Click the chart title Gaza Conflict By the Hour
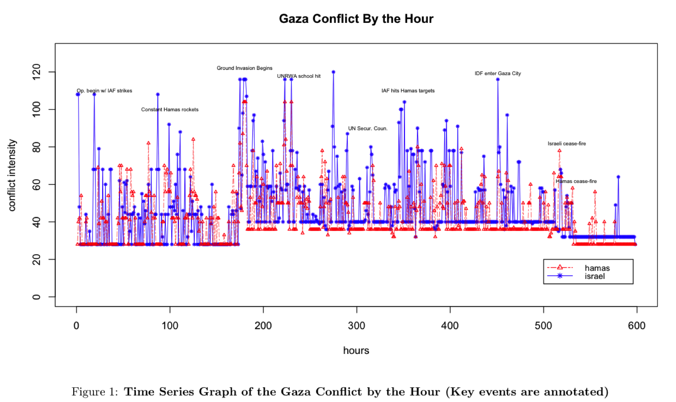(356, 19)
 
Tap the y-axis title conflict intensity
(12, 175)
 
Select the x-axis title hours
(356, 350)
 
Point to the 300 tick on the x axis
(356, 326)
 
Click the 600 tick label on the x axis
(637, 326)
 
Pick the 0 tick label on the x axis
(76, 326)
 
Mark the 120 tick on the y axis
(37, 72)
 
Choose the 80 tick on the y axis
(37, 147)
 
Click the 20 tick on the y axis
(37, 260)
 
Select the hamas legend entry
(597, 268)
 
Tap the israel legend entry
(594, 276)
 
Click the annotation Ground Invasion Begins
(245, 68)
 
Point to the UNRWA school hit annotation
(299, 76)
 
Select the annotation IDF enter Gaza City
(497, 73)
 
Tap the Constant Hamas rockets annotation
(169, 109)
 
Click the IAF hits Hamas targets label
(408, 91)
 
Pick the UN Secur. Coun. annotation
(367, 129)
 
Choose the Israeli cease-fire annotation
(567, 144)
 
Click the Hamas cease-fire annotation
(576, 181)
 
